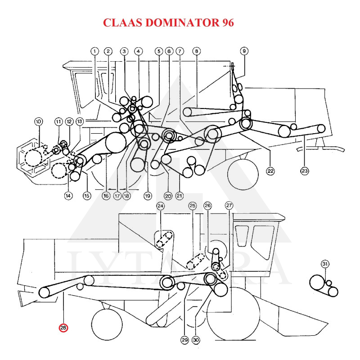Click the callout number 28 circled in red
(63, 328)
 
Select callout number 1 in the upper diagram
(94, 51)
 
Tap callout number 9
(244, 51)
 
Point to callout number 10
(38, 121)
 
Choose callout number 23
(305, 171)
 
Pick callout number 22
(270, 171)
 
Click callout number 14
(68, 195)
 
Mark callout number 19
(147, 196)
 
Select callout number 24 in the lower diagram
(161, 206)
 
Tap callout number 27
(229, 206)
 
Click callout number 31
(325, 264)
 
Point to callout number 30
(196, 340)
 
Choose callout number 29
(184, 340)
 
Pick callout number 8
(196, 51)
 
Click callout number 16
(106, 196)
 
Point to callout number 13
(80, 121)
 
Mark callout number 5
(158, 51)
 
